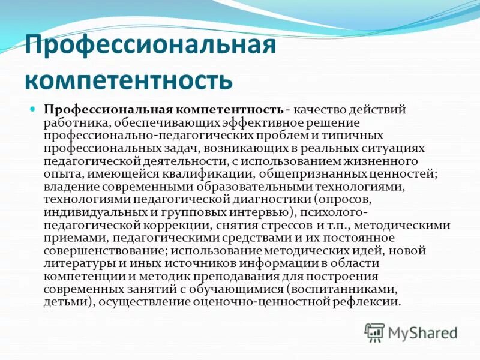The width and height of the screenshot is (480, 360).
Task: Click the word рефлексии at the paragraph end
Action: pos(367,302)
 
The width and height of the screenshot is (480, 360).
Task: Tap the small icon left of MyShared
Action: pos(375,332)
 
